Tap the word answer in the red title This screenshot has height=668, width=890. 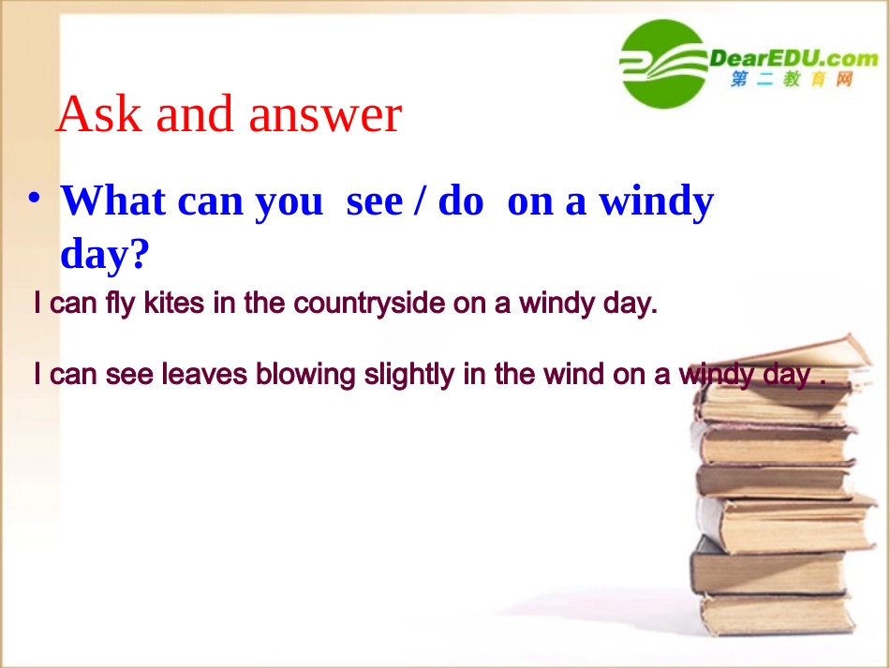coord(325,114)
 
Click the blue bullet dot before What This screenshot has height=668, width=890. coord(35,199)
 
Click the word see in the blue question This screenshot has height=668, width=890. coord(373,200)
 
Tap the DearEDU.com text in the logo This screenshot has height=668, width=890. coord(793,59)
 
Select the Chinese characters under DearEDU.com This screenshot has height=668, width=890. coord(793,81)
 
